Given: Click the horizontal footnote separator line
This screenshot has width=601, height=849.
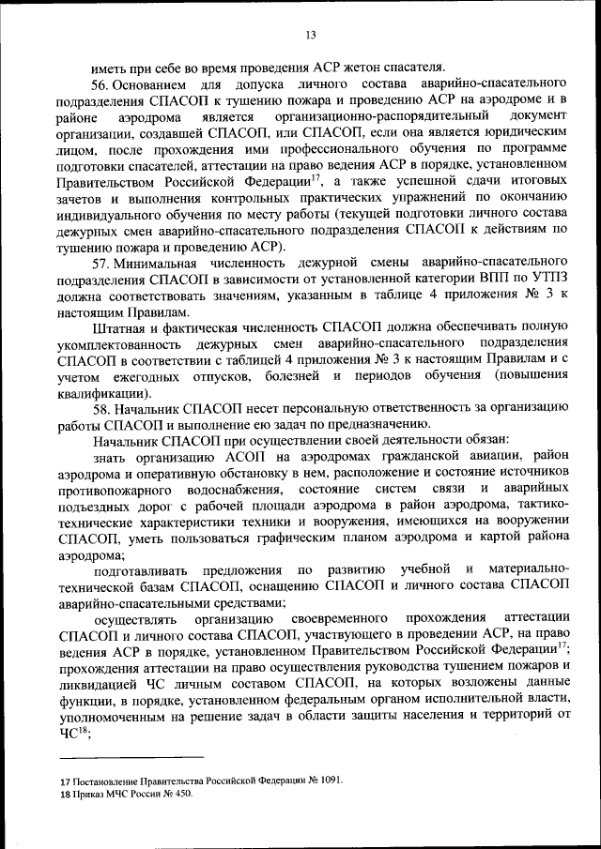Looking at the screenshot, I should [x=131, y=757].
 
